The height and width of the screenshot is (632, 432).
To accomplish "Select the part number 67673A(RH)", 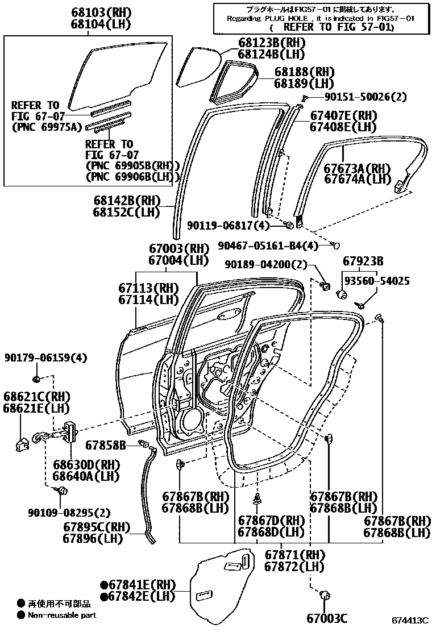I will pyautogui.click(x=358, y=168).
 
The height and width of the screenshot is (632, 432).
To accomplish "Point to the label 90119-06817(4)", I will pyautogui.click(x=228, y=226).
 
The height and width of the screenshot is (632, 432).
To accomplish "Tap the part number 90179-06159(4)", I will pyautogui.click(x=46, y=358).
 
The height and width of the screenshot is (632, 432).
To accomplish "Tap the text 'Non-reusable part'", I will pyautogui.click(x=62, y=615).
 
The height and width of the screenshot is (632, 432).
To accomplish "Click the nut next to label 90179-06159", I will pyautogui.click(x=36, y=380).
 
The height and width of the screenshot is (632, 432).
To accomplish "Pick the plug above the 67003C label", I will pyautogui.click(x=326, y=595).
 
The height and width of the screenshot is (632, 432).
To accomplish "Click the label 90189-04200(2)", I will pyautogui.click(x=265, y=265).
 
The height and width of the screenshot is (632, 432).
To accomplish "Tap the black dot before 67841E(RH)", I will pyautogui.click(x=104, y=585).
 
